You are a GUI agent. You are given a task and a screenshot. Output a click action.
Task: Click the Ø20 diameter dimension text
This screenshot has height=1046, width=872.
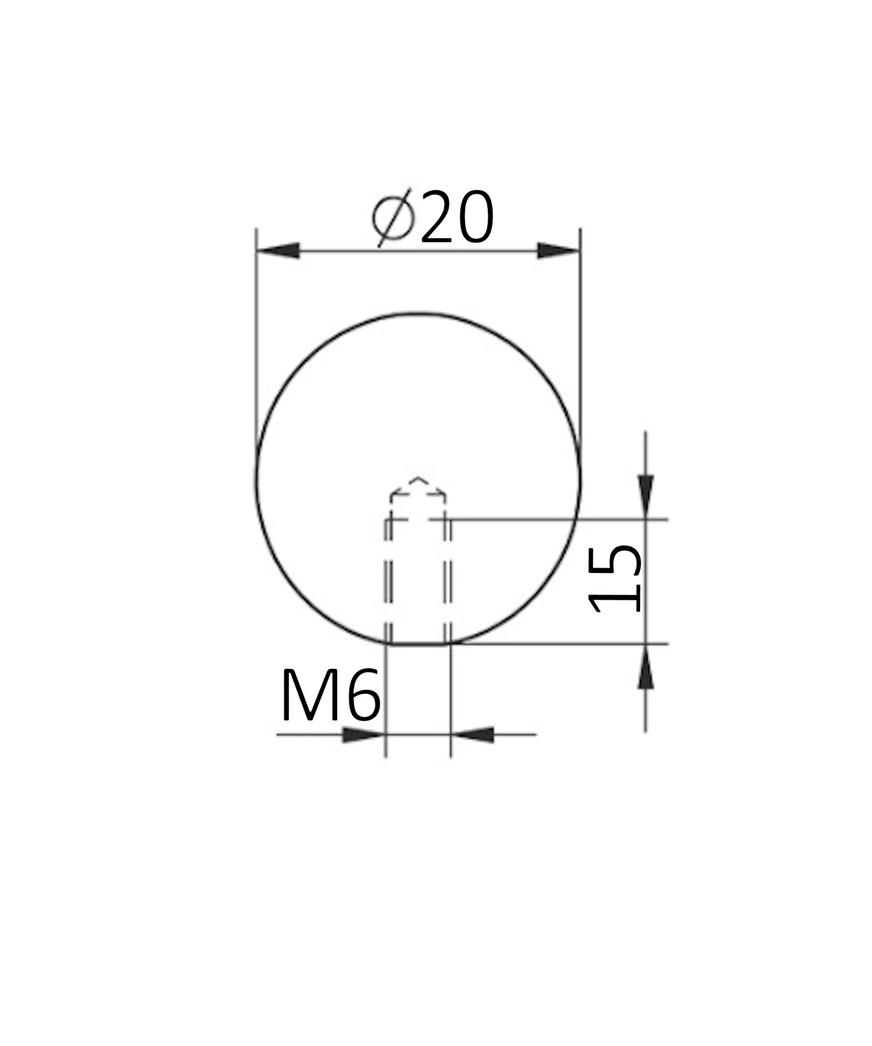tap(433, 217)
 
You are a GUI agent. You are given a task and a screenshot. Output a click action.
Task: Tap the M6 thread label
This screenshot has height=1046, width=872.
tap(330, 696)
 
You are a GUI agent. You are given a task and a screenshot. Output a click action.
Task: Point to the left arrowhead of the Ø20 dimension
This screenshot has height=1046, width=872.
tap(278, 251)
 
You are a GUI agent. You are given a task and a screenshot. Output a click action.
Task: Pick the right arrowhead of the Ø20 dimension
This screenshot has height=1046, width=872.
tap(558, 251)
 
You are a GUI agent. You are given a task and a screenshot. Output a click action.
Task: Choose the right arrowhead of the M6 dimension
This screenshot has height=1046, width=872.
tap(473, 735)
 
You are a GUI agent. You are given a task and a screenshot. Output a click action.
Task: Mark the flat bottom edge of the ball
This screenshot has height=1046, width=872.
tap(417, 644)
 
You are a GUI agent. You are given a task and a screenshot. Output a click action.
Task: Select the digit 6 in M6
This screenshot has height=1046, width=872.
tap(362, 696)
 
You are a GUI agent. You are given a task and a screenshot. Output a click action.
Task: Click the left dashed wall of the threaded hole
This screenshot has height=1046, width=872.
tap(388, 581)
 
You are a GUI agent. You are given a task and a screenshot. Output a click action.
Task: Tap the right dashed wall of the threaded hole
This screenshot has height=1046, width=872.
tap(448, 581)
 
